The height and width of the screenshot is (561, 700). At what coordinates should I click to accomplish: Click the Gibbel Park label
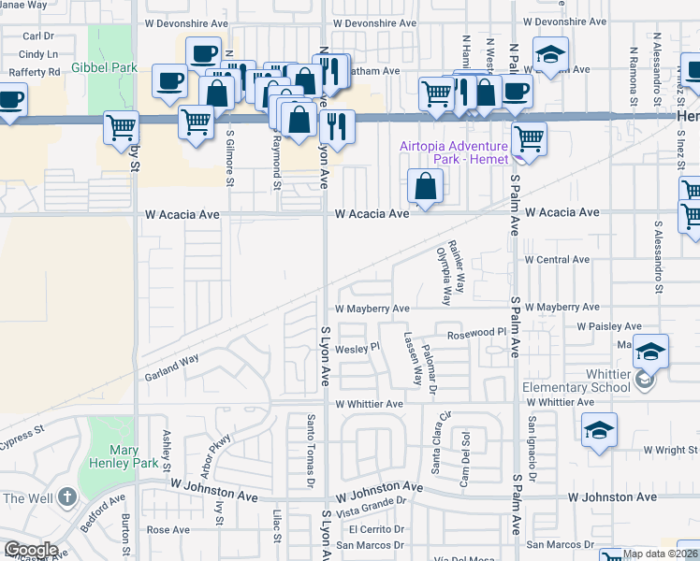click(105, 68)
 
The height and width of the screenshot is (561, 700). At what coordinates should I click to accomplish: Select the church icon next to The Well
click(66, 497)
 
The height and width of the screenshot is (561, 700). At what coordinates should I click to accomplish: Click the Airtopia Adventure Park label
click(453, 152)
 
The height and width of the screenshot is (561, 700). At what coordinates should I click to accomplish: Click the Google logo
click(30, 550)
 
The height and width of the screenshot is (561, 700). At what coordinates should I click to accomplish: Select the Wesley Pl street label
click(357, 347)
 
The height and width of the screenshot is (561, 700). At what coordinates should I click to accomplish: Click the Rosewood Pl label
click(475, 334)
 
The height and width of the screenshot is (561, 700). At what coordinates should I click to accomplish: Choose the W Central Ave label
click(557, 259)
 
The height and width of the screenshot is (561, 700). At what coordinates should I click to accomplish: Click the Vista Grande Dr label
click(372, 501)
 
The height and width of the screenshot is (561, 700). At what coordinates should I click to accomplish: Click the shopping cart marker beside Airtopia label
click(529, 139)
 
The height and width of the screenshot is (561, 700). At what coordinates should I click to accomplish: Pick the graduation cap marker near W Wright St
click(599, 430)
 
